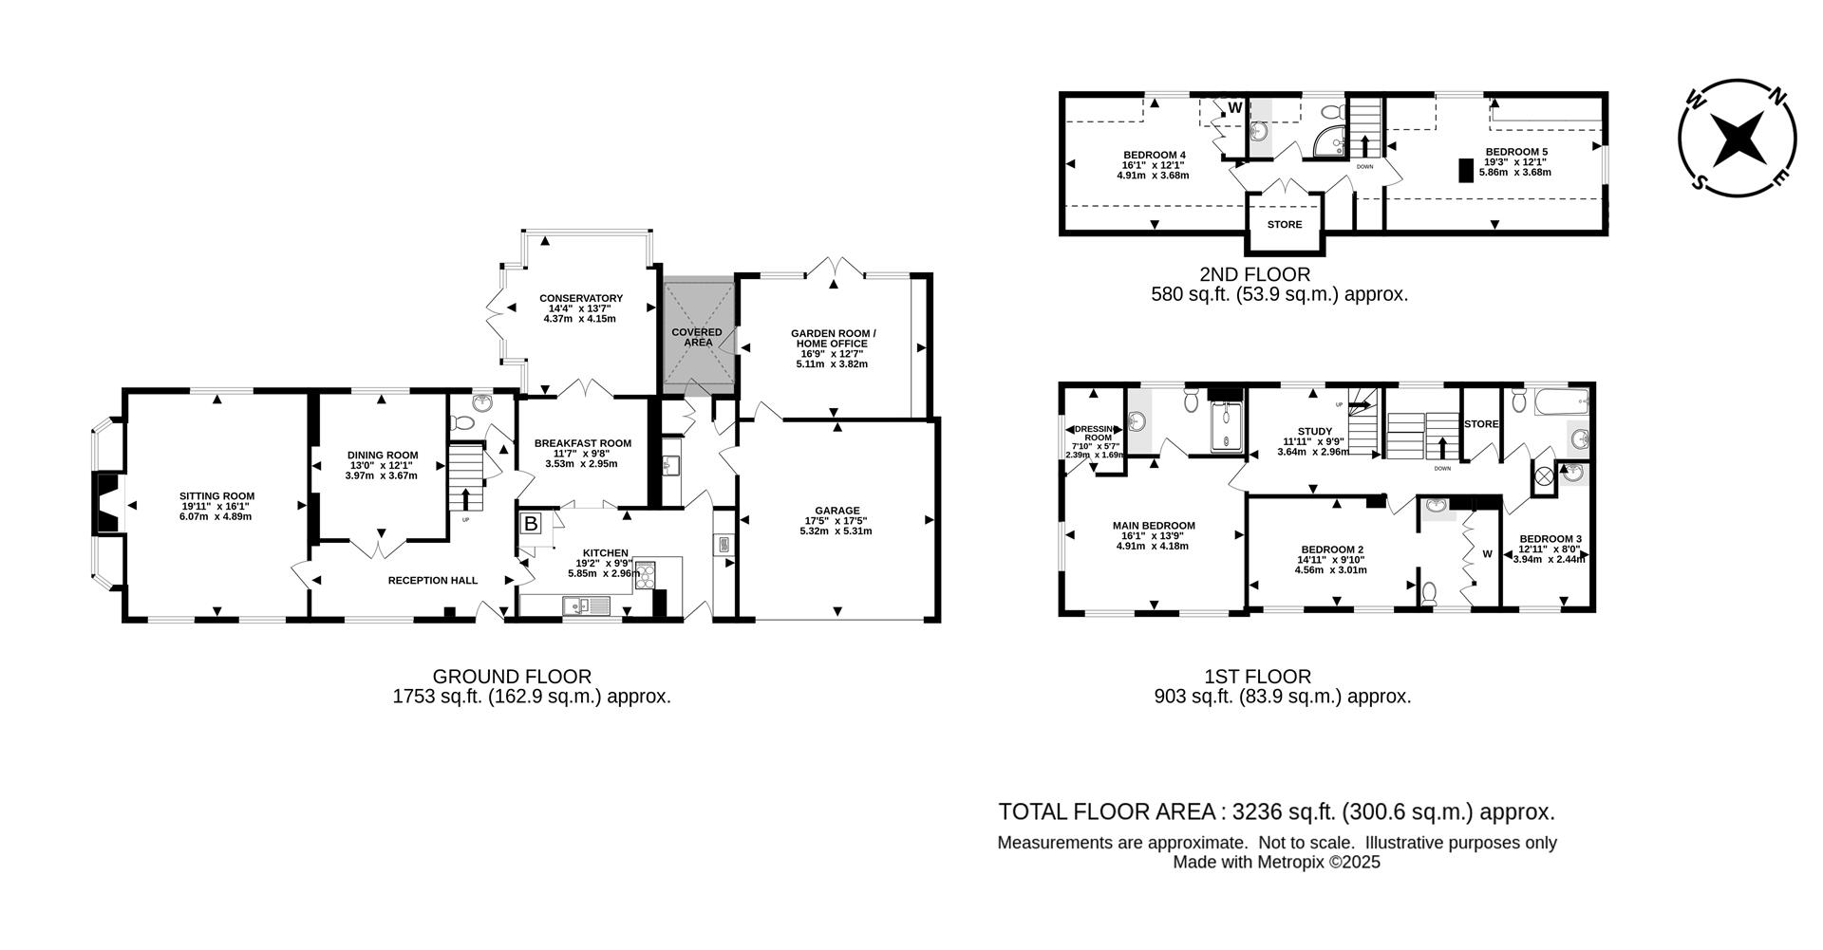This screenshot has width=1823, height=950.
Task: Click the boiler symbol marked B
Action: (x=531, y=523)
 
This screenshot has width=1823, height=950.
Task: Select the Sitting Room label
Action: (x=217, y=495)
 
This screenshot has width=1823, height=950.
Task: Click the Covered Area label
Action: (x=697, y=337)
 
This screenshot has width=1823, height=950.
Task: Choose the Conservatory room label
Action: (x=580, y=298)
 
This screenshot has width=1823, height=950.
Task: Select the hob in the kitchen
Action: (x=645, y=574)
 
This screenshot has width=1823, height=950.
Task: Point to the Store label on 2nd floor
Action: (x=1284, y=225)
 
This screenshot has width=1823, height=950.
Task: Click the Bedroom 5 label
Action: (x=1516, y=152)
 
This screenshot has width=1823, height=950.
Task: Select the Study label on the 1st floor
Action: (x=1315, y=431)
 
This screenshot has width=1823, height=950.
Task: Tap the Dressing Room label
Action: (x=1091, y=434)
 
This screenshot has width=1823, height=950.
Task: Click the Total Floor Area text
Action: (x=1276, y=812)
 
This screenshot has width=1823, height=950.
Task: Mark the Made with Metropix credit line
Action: (x=1276, y=863)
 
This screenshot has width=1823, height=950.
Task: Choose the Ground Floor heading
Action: (x=512, y=677)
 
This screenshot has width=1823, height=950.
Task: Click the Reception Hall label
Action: (x=432, y=580)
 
